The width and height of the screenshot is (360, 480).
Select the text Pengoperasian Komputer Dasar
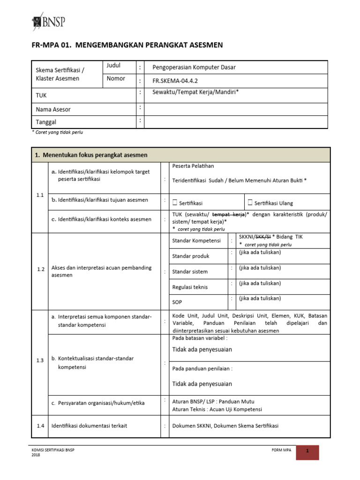click(194, 67)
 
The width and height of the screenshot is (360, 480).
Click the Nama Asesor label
click(53, 109)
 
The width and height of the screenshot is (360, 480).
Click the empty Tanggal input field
click(235, 122)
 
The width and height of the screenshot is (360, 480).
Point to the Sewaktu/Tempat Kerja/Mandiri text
click(195, 92)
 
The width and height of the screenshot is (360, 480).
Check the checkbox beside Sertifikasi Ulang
click(250, 202)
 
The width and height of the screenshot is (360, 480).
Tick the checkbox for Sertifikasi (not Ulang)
click(175, 202)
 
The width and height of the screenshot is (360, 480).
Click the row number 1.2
click(40, 270)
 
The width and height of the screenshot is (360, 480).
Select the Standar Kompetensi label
click(196, 240)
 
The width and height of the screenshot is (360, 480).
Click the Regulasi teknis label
click(190, 287)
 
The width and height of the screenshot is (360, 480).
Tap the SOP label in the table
click(177, 302)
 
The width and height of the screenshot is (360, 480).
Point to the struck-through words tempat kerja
click(229, 214)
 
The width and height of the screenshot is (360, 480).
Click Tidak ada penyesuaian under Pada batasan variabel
click(202, 350)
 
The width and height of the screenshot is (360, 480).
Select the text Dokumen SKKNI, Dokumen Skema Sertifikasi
click(225, 426)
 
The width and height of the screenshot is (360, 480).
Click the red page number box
click(307, 451)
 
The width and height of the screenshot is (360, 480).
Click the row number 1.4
click(40, 426)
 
